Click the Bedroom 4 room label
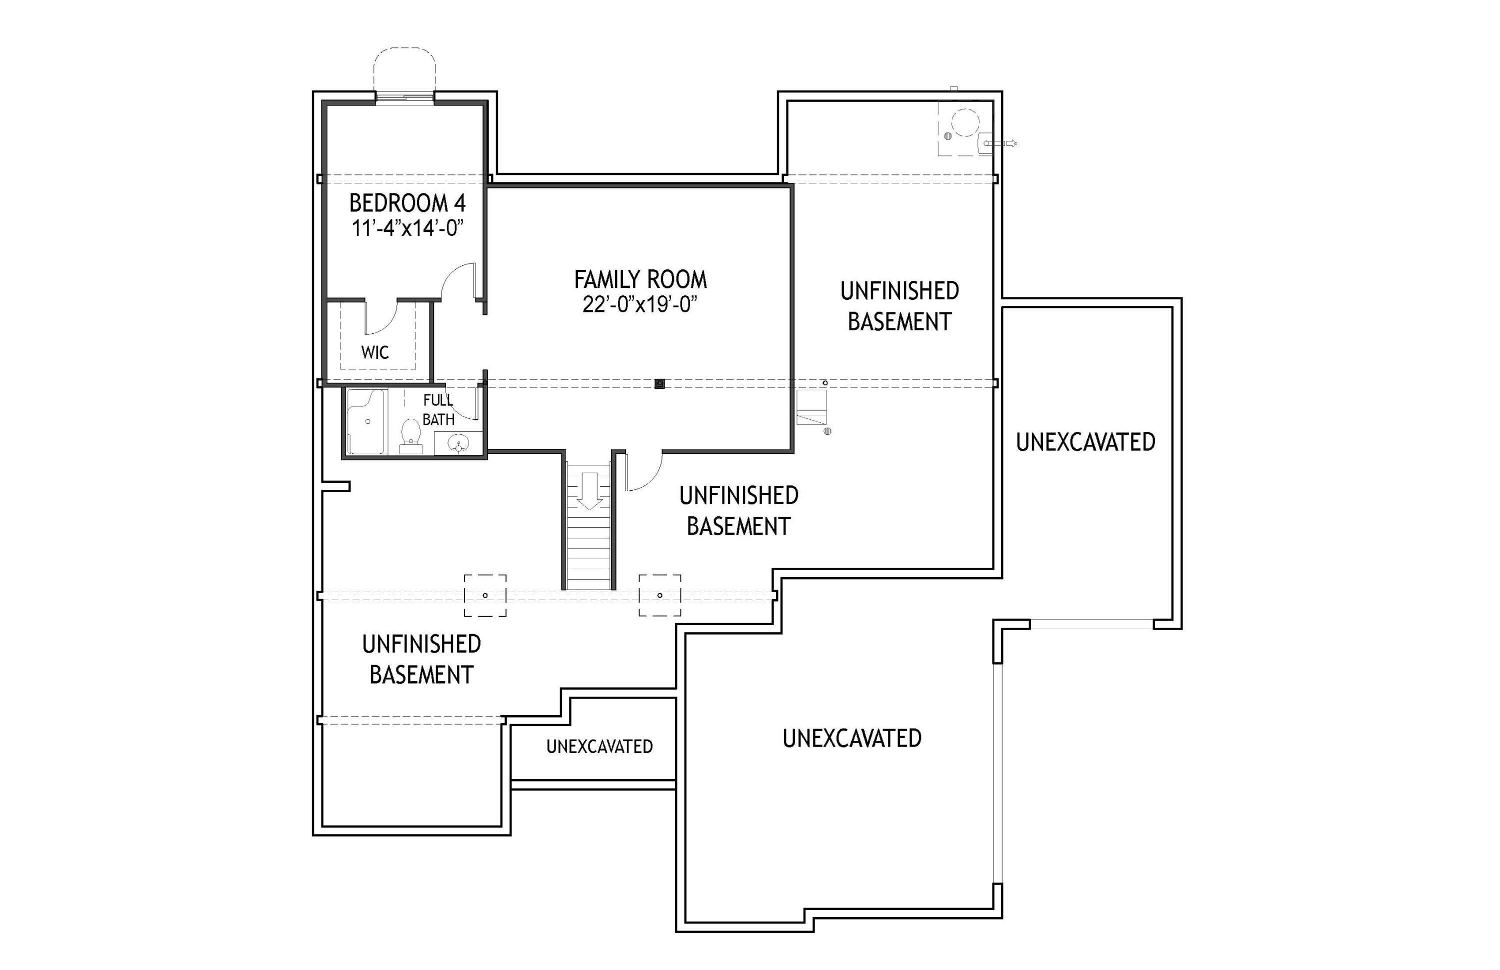pos(407,203)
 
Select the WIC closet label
pos(374,352)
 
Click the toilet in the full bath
pos(411,435)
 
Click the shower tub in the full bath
pos(365,421)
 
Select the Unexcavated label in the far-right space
pos(1085,442)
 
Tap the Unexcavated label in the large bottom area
pos(851,738)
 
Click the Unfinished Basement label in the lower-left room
pos(421,659)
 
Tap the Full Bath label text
pos(437,409)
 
